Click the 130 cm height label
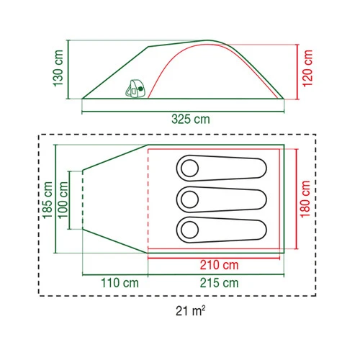[58, 68]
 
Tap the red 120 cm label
[307, 68]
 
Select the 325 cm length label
[191, 119]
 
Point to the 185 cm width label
[48, 200]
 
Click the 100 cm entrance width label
[63, 200]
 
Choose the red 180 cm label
[305, 199]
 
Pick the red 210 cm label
[220, 265]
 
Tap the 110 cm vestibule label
[120, 283]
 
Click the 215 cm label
[220, 283]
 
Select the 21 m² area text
[191, 311]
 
